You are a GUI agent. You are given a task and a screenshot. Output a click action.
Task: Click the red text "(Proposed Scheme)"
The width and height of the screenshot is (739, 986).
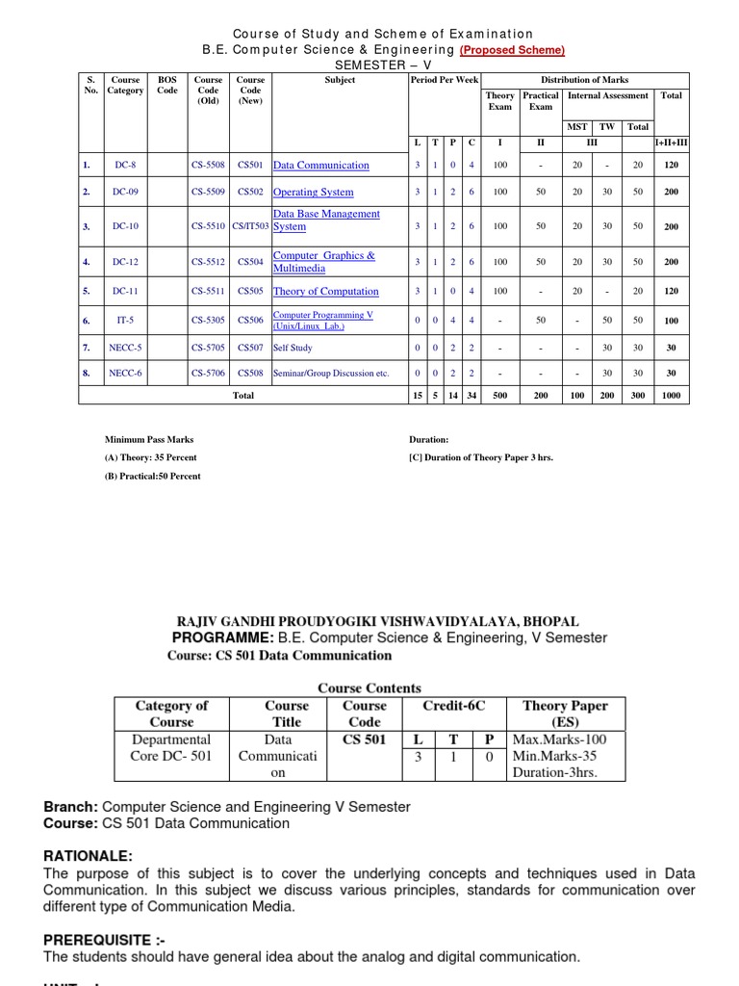(511, 50)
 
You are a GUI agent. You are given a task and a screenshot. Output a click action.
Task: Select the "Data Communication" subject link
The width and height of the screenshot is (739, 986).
(320, 166)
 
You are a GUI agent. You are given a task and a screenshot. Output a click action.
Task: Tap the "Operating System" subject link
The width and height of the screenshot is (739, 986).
(313, 193)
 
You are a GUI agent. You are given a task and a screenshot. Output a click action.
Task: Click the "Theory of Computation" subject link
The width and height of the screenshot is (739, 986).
(325, 292)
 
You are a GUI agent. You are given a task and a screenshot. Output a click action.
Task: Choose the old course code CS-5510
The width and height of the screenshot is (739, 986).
(208, 227)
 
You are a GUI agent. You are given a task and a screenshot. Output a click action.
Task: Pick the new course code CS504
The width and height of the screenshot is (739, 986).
(250, 262)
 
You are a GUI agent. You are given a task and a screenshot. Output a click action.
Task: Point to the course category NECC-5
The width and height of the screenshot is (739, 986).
(125, 348)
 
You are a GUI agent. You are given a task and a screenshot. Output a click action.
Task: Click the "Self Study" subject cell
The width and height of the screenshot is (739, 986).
(293, 348)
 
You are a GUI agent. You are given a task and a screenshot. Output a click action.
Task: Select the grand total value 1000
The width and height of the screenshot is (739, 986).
(671, 396)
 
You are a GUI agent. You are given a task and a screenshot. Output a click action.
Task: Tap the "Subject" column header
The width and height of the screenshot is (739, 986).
(340, 80)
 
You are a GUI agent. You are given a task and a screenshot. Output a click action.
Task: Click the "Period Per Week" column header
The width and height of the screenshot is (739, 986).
(444, 80)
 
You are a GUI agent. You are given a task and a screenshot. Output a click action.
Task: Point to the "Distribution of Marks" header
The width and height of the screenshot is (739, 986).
(584, 80)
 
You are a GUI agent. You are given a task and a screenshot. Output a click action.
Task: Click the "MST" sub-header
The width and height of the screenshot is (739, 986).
(576, 127)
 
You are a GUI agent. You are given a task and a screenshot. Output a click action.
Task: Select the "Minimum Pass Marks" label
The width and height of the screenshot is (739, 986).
(148, 440)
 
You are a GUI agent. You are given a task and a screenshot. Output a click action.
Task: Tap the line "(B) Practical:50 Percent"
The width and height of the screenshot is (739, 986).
(152, 477)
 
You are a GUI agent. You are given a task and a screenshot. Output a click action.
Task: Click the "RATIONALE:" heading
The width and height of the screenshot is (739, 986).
(89, 856)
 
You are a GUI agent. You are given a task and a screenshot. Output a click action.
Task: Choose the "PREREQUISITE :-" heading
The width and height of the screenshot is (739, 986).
(98, 939)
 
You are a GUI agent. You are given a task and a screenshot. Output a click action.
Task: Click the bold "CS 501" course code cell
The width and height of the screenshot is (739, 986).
(365, 739)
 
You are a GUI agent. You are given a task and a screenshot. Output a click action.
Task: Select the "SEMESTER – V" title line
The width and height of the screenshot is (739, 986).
(369, 65)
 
